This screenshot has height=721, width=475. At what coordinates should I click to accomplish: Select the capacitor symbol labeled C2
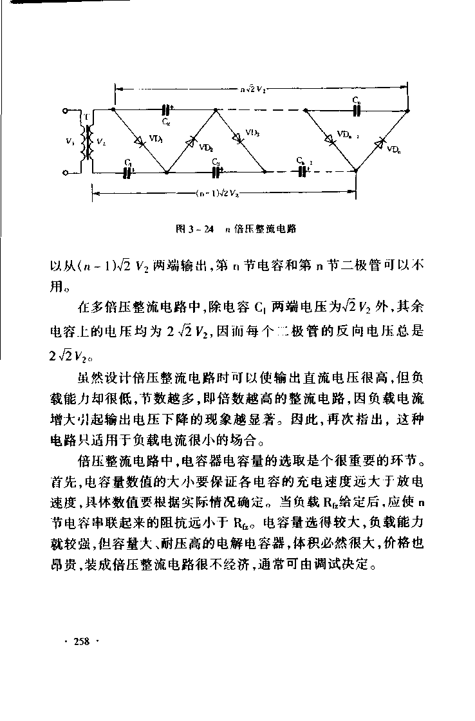pos(165,110)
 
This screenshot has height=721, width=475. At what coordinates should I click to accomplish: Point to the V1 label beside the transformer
pos(70,143)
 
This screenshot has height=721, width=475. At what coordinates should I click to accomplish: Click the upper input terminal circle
pos(66,111)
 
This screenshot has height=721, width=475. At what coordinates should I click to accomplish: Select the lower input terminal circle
pos(66,173)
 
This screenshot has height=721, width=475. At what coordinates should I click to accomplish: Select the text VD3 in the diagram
pos(251,133)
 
